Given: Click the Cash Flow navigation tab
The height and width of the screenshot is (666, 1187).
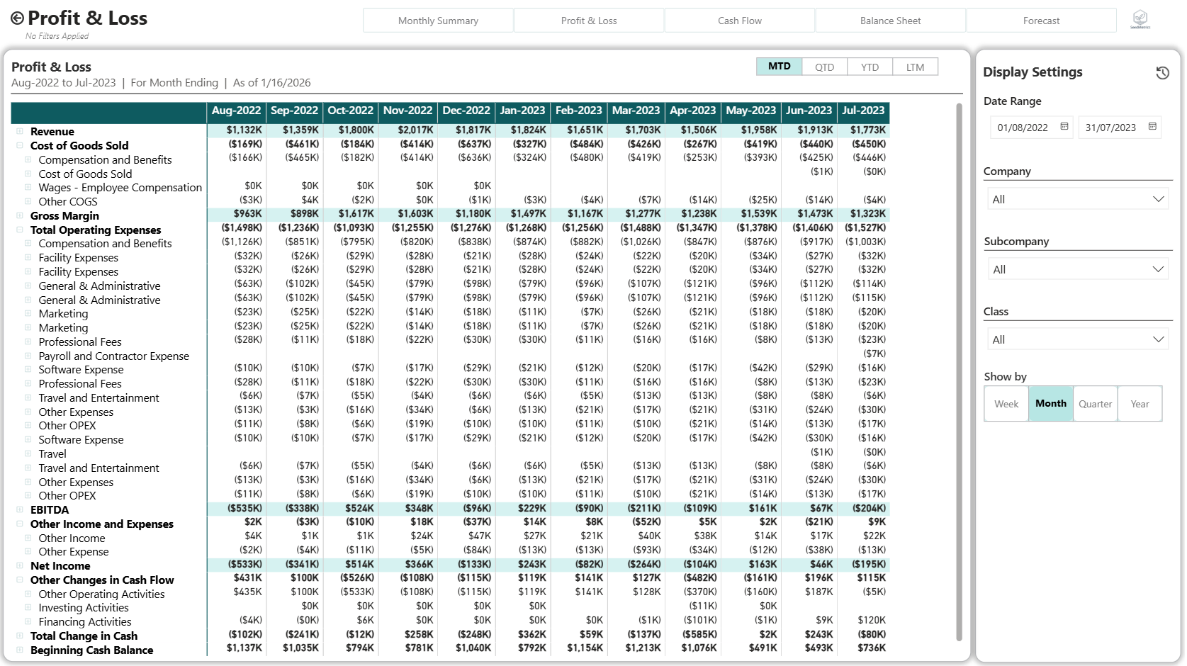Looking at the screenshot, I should [x=739, y=21].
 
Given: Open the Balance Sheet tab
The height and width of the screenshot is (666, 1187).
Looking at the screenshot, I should [x=890, y=21].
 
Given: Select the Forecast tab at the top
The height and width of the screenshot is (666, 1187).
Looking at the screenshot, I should [x=1041, y=21].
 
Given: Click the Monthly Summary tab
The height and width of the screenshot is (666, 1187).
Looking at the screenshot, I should [x=438, y=21].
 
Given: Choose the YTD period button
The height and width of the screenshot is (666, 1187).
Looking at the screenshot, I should [x=870, y=67].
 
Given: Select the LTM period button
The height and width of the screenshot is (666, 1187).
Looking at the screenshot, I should [x=915, y=67].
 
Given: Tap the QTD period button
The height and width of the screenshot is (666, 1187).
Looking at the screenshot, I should [x=824, y=67].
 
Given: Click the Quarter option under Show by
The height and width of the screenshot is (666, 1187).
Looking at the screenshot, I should [x=1095, y=404].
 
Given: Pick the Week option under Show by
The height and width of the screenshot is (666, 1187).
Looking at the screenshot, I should [x=1006, y=404].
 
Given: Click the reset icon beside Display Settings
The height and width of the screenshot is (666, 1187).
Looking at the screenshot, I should [x=1162, y=73].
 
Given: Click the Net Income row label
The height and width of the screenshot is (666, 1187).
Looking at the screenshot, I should [x=60, y=566].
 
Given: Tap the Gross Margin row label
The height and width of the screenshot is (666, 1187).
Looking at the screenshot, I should [x=64, y=216].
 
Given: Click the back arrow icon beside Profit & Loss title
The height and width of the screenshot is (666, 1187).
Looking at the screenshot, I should [x=17, y=18].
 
